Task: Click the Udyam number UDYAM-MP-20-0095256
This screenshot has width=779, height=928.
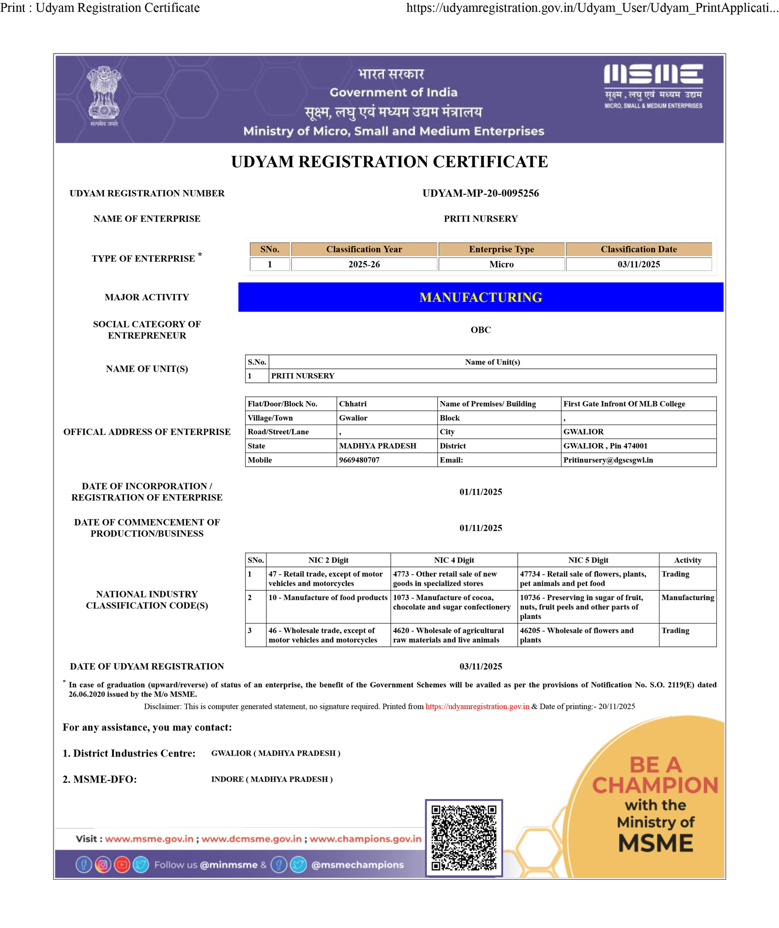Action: (480, 193)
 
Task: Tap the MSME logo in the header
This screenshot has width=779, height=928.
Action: (653, 86)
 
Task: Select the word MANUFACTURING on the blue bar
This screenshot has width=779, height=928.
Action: (480, 297)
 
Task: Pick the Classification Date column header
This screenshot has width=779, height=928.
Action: (638, 249)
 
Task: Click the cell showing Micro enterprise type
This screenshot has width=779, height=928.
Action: (501, 264)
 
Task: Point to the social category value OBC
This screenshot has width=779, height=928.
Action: (480, 330)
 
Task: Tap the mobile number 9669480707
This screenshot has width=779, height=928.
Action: (359, 460)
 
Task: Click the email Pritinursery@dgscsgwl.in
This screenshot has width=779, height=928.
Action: (608, 460)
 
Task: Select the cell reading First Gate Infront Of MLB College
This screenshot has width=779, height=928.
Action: (624, 404)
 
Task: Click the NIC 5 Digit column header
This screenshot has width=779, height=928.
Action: (588, 560)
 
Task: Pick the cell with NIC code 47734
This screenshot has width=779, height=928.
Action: (588, 578)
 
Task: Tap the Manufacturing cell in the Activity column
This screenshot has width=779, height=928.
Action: (687, 598)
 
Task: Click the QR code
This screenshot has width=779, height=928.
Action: (464, 838)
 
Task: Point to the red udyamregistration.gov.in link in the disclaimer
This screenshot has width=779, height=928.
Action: (477, 707)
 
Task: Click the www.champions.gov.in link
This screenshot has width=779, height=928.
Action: (366, 839)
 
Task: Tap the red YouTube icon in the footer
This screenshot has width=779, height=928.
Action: (122, 865)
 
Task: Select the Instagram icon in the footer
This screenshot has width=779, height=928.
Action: (103, 865)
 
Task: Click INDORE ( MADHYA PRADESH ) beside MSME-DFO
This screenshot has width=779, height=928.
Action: (272, 779)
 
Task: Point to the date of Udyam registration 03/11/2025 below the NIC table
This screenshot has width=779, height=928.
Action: (480, 667)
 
